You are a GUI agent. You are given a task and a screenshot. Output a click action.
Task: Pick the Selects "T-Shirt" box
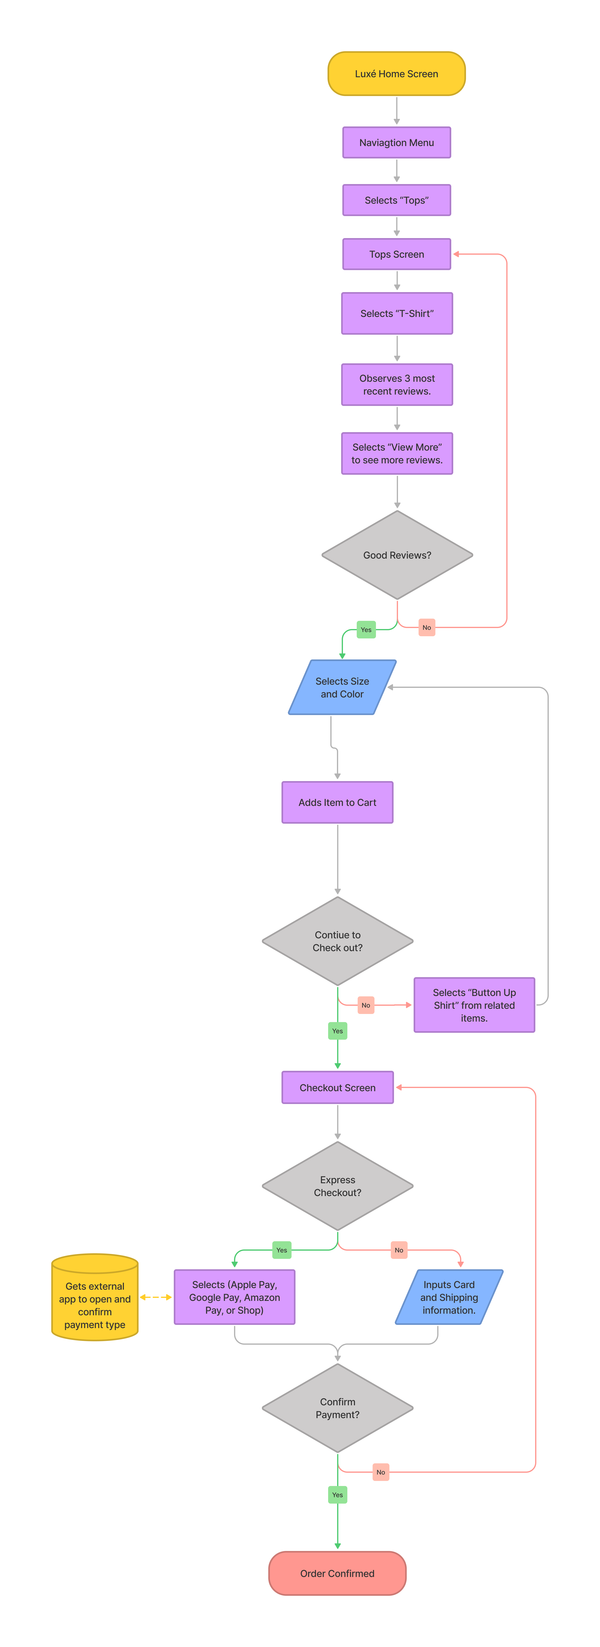[397, 313]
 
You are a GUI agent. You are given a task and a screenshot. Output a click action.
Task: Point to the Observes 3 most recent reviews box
[397, 384]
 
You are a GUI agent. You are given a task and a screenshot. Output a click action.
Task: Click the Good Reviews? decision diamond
[397, 555]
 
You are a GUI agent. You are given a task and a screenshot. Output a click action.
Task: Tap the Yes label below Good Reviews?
[366, 630]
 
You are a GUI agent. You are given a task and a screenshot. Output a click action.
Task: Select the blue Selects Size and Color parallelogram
[342, 687]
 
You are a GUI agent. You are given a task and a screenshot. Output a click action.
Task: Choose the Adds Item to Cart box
[337, 802]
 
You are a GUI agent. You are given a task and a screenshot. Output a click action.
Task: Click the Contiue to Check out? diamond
[337, 941]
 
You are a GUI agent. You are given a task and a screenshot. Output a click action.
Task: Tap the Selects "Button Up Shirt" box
[474, 1005]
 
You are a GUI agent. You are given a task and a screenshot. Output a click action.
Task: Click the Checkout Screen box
[337, 1088]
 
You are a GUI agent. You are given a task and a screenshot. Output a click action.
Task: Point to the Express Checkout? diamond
[337, 1186]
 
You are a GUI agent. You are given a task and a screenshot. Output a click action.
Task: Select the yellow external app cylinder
[95, 1297]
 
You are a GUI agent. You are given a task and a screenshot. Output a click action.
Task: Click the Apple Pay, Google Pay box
[234, 1297]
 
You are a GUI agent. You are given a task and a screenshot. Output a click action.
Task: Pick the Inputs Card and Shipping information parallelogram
[449, 1297]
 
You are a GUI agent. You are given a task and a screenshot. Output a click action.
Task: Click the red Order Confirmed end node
[337, 1573]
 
